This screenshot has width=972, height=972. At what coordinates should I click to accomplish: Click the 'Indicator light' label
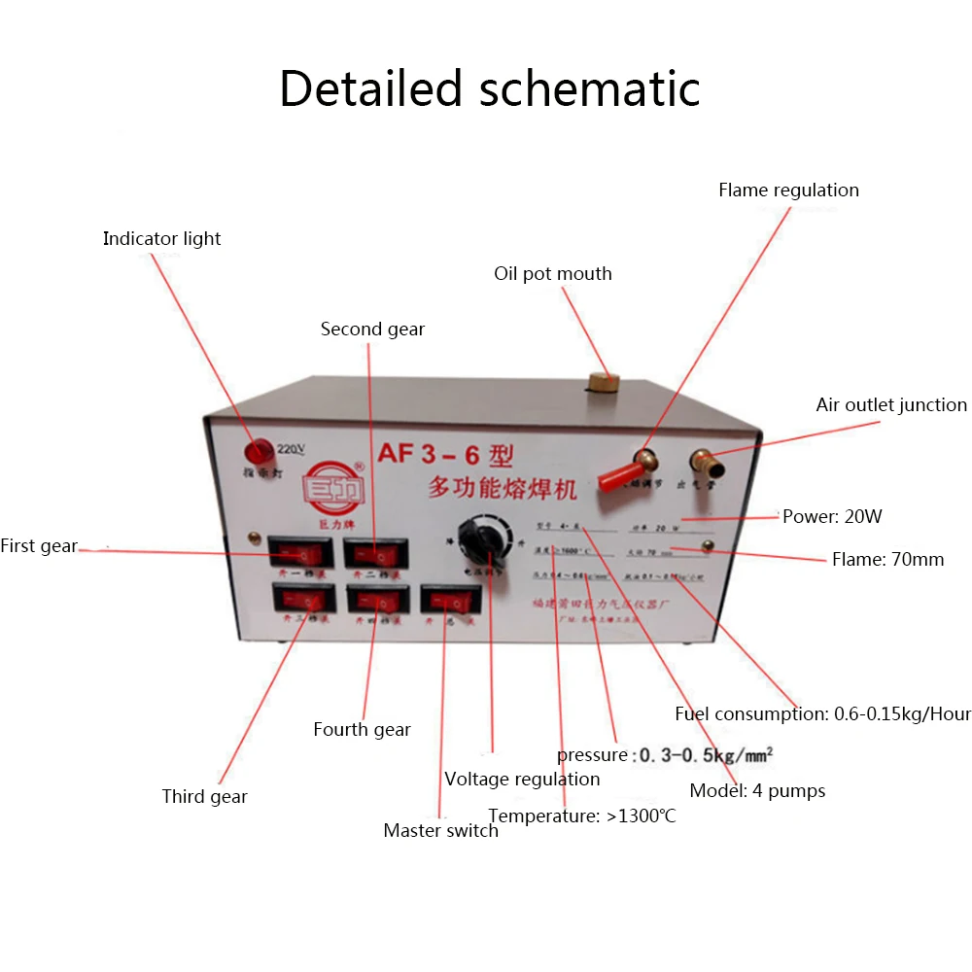pos(161,239)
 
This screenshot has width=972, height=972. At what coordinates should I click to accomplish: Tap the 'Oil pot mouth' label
pos(553,274)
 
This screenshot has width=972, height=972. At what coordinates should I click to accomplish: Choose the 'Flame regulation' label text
pos(788,191)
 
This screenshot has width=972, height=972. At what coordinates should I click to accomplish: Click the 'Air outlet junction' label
pos(891,405)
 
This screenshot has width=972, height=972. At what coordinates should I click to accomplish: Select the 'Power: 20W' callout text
pos(832,517)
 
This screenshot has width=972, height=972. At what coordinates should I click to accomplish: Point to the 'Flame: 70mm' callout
pos(887,560)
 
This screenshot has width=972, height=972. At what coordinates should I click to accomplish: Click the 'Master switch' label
pos(440,831)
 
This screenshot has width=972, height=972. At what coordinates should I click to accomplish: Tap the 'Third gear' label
pos(204,797)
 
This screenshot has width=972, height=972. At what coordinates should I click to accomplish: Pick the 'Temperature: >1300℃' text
pos(582,816)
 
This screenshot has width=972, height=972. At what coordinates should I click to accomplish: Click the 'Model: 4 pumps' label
pos(757,791)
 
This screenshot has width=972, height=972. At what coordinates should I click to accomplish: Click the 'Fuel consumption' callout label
pos(822,714)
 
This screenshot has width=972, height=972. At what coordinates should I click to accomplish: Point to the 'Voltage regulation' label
pos(522,780)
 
